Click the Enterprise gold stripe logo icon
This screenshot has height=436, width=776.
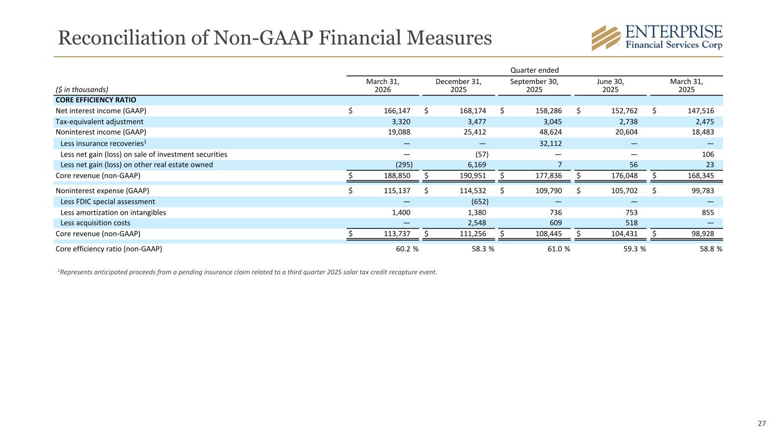tap(606, 37)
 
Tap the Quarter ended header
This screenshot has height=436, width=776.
tap(534, 70)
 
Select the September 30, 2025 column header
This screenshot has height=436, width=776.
tap(534, 86)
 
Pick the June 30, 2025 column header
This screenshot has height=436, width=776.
tap(610, 86)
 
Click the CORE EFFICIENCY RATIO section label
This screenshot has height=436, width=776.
tap(96, 100)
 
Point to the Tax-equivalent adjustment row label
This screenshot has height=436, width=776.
tap(99, 122)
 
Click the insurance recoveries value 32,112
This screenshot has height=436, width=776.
tap(550, 143)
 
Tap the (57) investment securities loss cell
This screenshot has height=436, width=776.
tap(482, 154)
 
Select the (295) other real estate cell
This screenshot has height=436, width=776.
tap(404, 165)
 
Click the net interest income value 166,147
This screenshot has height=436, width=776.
tap(397, 111)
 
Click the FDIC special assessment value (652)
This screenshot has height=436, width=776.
tap(480, 202)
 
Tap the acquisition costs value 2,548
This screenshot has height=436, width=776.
tap(476, 223)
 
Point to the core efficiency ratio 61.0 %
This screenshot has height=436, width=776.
tap(559, 249)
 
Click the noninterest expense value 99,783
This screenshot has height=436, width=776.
tap(703, 191)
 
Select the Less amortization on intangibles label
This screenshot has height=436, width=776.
tap(113, 212)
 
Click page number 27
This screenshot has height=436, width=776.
tap(762, 424)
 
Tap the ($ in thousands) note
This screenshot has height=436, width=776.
tap(82, 90)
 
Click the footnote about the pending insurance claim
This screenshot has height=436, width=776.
tap(247, 272)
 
